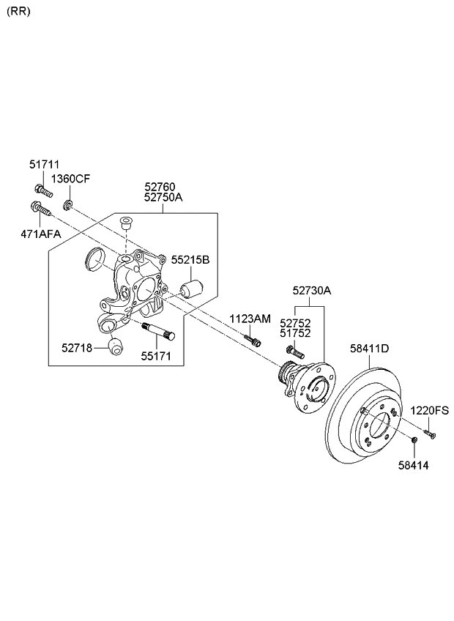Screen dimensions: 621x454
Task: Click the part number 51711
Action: (45, 165)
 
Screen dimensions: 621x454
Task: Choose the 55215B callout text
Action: (190, 260)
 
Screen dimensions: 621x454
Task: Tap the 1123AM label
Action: (250, 319)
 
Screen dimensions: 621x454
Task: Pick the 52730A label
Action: (311, 291)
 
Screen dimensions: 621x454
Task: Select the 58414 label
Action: (414, 464)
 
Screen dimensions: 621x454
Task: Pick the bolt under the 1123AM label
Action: (253, 340)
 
